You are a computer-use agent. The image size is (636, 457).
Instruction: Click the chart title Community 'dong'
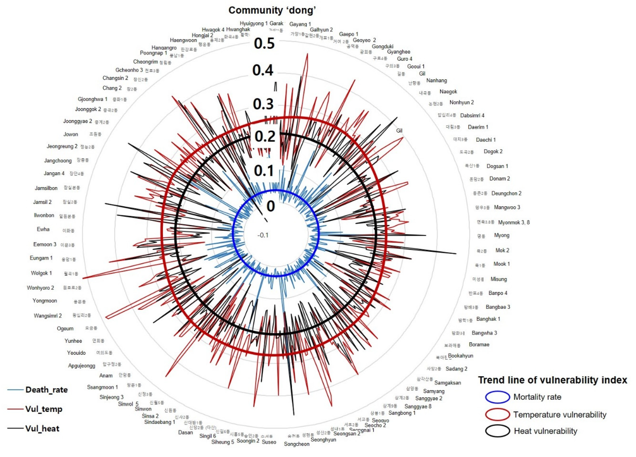coord(272,10)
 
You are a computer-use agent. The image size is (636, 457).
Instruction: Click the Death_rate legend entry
coord(46,390)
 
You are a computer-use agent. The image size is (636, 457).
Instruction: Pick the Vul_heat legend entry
coord(42,429)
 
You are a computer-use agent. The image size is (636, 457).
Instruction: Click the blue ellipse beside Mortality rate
coord(497,397)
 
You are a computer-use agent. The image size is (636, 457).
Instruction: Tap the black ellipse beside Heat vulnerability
coord(497,431)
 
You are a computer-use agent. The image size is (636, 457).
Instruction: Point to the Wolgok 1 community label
coord(41,273)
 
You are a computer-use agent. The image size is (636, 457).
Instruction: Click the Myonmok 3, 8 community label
coord(514,222)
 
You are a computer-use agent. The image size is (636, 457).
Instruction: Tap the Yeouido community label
coord(76,353)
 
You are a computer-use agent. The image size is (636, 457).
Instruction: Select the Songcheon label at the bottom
coord(296,444)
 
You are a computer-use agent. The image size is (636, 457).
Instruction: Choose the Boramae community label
coord(479,344)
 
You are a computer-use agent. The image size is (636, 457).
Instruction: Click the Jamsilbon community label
coord(46,188)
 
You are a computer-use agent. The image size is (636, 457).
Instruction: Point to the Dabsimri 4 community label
coord(472,115)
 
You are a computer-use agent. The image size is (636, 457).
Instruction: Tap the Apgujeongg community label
coord(82,365)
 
